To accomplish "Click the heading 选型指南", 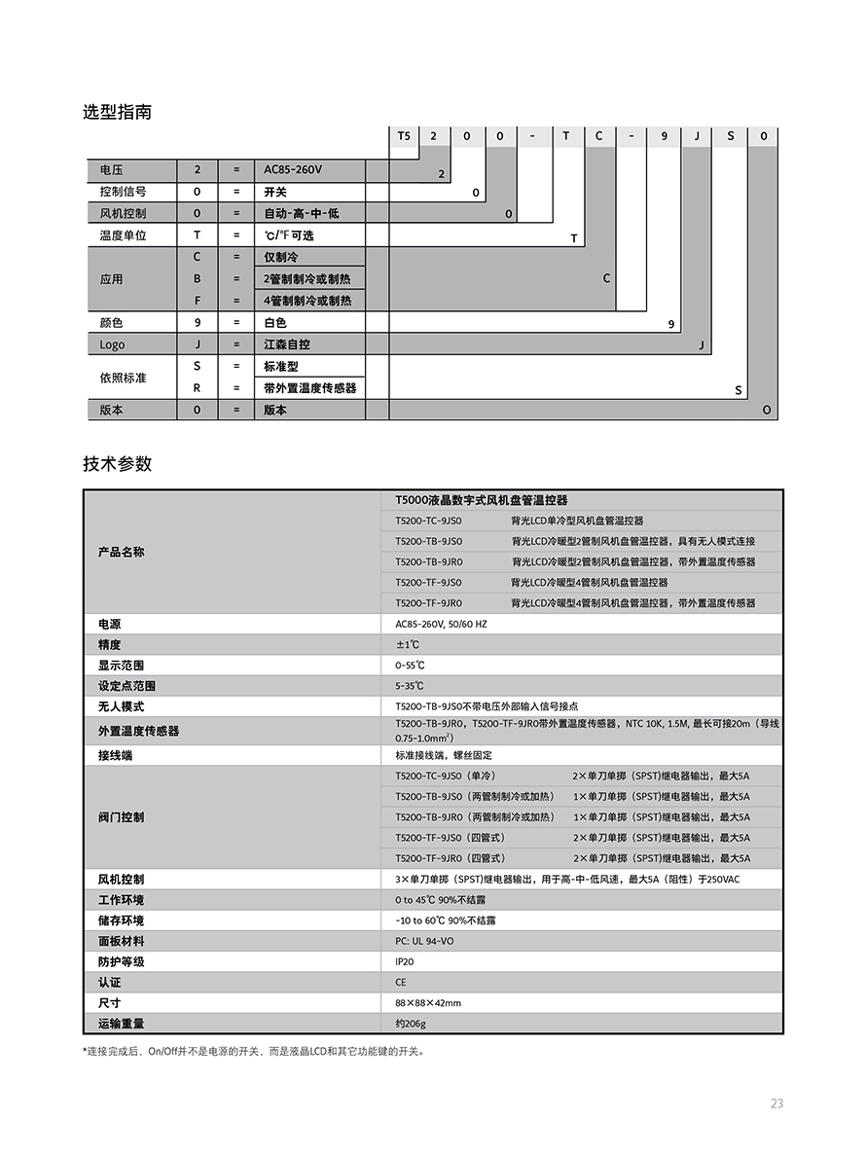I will point(117,112).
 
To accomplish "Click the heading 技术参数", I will point(117,464).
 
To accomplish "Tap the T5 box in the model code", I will point(404,136).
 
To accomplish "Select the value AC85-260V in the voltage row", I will point(293,169).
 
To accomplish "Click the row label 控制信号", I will point(124,192).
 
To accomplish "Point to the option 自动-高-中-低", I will point(302,213).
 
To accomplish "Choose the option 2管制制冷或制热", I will point(307,279).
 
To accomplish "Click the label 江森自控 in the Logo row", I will point(287,344).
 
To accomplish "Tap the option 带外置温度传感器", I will point(309,387).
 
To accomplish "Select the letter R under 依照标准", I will point(198,387).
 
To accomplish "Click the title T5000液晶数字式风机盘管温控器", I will point(482,500).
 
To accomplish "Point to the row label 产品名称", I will point(122,552).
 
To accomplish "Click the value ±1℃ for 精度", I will point(407,645).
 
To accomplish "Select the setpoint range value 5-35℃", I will point(410,686).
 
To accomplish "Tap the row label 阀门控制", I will point(122,817).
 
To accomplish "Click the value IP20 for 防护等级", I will point(405,961).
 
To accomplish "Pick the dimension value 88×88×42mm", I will point(428,1003).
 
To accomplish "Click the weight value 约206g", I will point(411,1024).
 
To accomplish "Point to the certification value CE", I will point(401,983).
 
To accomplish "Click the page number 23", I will point(776,1103).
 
